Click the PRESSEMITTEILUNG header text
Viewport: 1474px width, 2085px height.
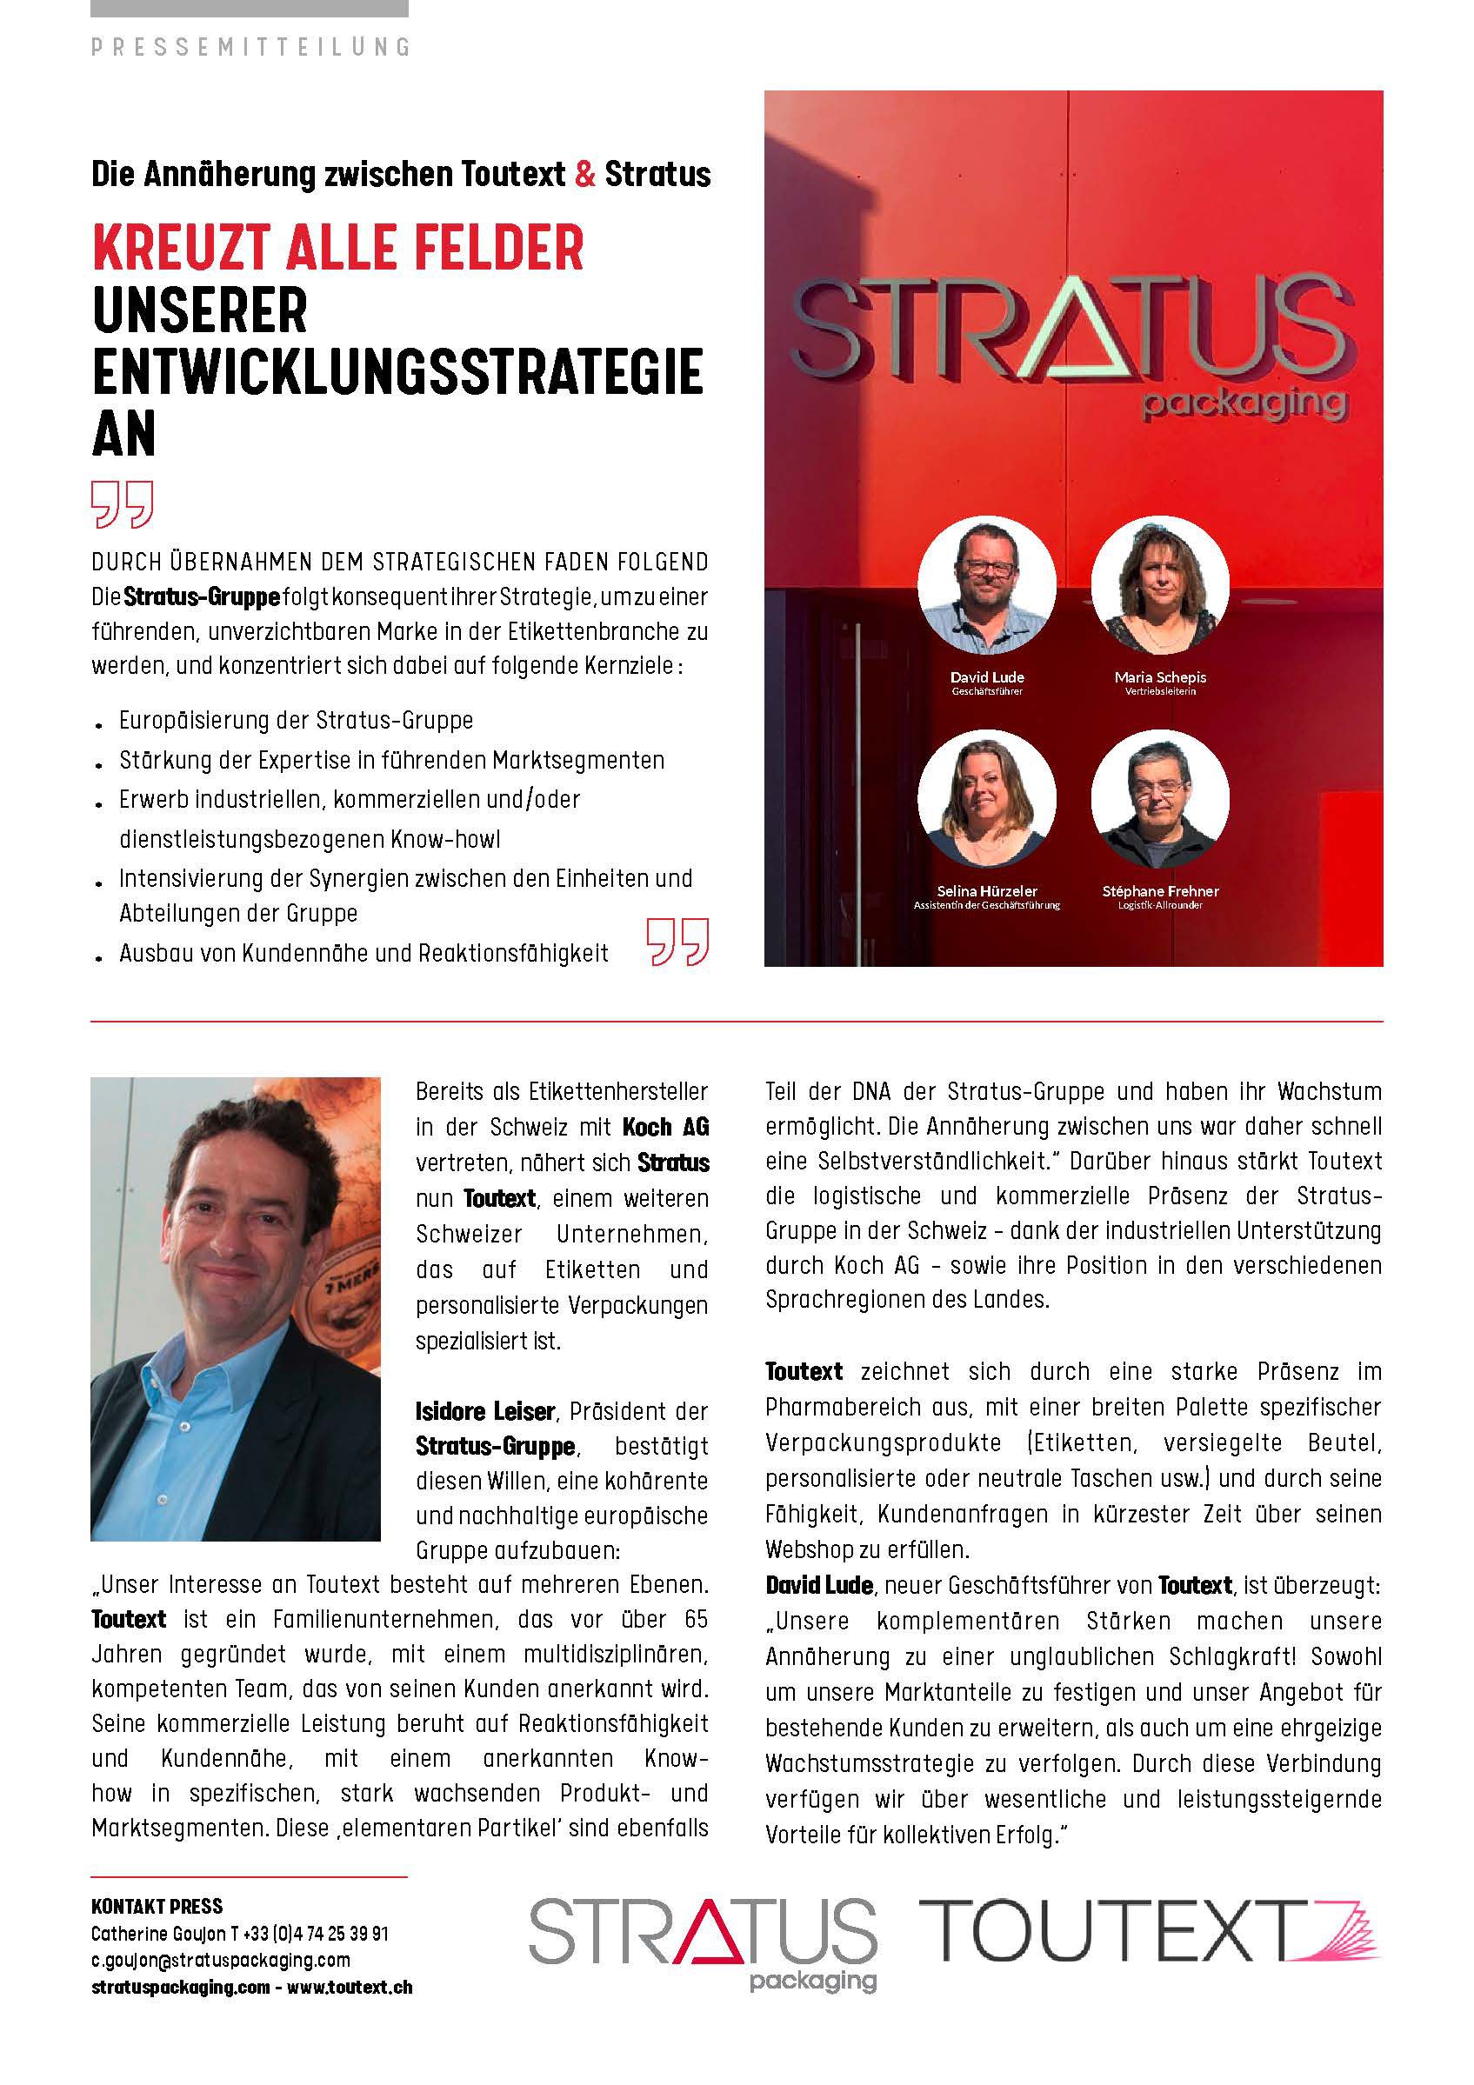(x=250, y=46)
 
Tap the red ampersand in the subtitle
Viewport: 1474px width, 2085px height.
(x=586, y=173)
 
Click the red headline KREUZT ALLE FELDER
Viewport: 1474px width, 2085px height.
(x=338, y=247)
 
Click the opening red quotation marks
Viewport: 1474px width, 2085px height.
(x=123, y=505)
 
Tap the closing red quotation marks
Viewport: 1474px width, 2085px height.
(x=677, y=942)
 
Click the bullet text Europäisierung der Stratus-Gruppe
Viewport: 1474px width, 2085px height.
(x=296, y=720)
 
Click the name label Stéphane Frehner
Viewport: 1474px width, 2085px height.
(x=1160, y=891)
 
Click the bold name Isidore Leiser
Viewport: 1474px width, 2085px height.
(x=485, y=1411)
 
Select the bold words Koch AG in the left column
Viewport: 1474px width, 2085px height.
(x=664, y=1127)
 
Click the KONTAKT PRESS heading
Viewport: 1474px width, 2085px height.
(x=157, y=1906)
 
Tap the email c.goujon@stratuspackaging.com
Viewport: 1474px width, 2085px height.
(x=221, y=1960)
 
